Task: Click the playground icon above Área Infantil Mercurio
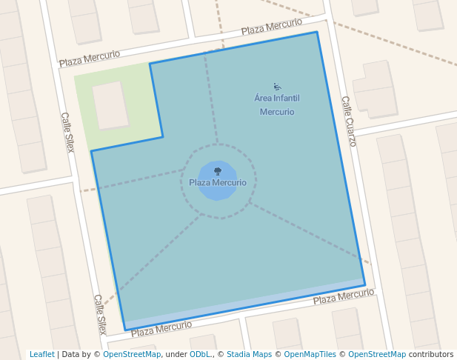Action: point(277,87)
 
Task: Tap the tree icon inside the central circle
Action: point(217,171)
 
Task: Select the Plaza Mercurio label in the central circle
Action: point(218,182)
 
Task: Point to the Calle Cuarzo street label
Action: point(349,121)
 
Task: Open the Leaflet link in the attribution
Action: point(41,354)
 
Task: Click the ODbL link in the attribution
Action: point(200,354)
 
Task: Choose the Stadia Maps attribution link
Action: point(249,354)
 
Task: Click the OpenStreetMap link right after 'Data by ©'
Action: point(132,354)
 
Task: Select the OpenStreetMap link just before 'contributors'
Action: point(377,354)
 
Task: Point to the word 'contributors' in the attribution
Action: point(431,354)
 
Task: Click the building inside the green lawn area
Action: point(110,105)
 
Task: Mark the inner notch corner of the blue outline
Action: point(163,136)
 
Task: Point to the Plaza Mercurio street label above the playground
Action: point(272,27)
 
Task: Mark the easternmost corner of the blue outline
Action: point(365,285)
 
